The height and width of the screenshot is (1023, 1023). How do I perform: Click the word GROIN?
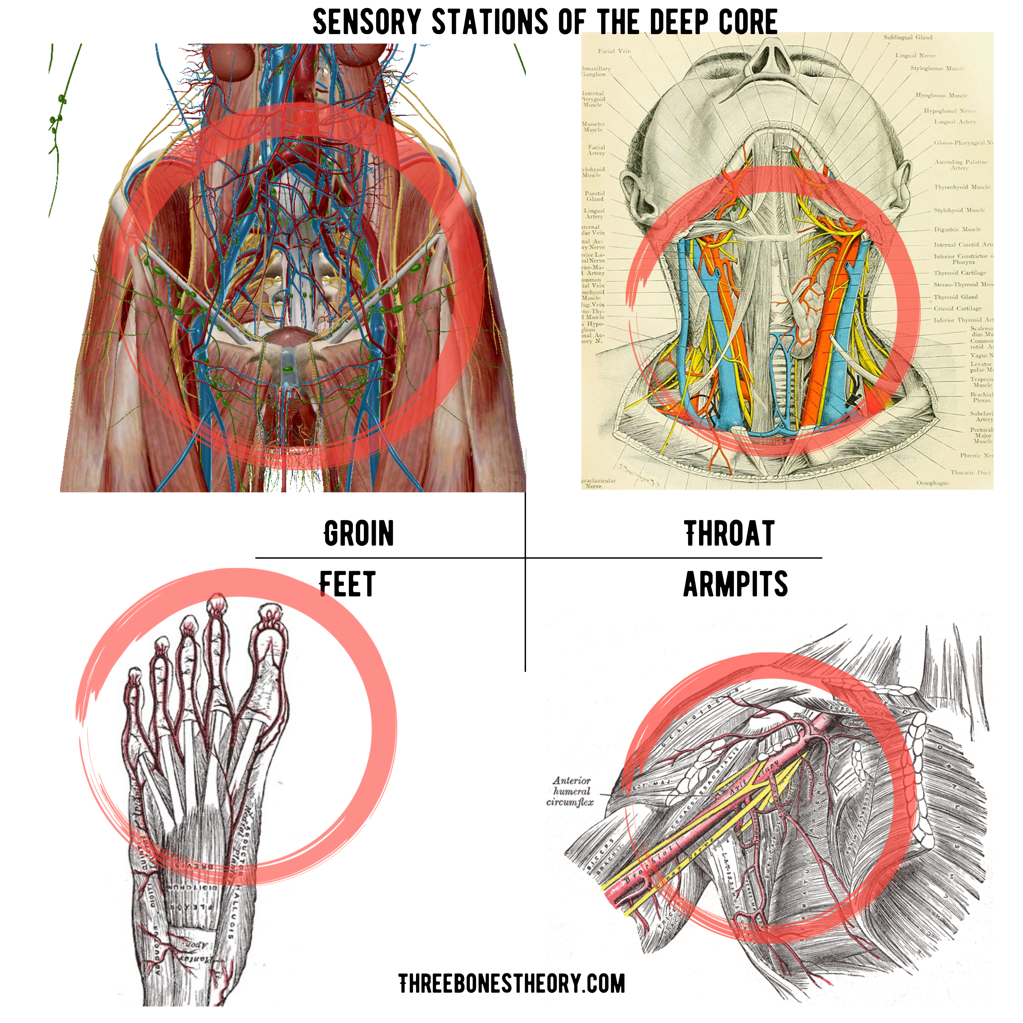pyautogui.click(x=359, y=533)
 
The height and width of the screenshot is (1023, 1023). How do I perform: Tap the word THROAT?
pyautogui.click(x=729, y=533)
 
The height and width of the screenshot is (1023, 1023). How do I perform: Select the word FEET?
pyautogui.click(x=347, y=584)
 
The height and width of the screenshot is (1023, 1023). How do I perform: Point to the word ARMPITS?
pyautogui.click(x=736, y=584)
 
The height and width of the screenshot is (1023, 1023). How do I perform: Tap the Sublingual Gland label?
pyautogui.click(x=907, y=38)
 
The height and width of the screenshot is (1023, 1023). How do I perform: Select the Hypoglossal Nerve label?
pyautogui.click(x=949, y=111)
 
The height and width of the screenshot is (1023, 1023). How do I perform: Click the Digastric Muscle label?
pyautogui.click(x=957, y=229)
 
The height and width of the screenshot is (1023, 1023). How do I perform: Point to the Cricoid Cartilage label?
pyautogui.click(x=957, y=308)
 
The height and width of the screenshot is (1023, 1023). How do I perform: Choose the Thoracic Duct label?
pyautogui.click(x=970, y=472)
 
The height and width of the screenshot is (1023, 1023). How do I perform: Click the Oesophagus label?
pyautogui.click(x=932, y=483)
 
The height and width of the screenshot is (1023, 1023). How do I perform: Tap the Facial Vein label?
pyautogui.click(x=614, y=51)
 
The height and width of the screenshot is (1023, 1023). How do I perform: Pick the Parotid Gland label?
pyautogui.click(x=595, y=196)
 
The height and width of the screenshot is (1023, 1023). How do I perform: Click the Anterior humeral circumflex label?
pyautogui.click(x=571, y=791)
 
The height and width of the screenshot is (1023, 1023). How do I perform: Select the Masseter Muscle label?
pyautogui.click(x=593, y=127)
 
